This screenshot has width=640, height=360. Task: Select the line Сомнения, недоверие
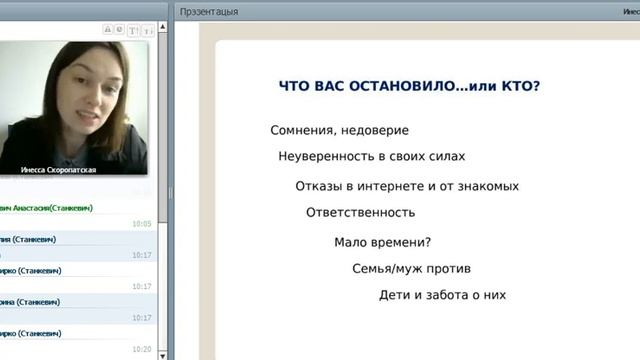pos(339,130)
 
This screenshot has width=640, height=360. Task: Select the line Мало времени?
pos(382,242)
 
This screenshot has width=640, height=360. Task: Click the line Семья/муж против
pos(411,269)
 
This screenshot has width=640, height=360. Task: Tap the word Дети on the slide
pos(395,296)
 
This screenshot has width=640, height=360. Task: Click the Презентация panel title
pos(209,11)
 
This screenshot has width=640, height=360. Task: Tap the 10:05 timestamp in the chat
pos(141,224)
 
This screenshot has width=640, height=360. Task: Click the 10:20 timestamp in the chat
pos(141,349)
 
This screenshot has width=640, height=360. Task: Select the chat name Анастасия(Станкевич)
pos(60,208)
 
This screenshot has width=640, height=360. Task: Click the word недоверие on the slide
pos(374,130)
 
